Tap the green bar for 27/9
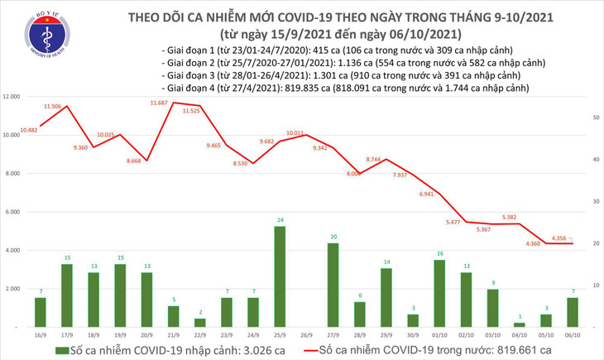point(333,285)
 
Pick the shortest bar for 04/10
point(519,324)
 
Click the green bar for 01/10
point(439,293)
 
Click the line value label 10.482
point(30,130)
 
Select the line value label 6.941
point(426,194)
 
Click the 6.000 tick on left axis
point(12,212)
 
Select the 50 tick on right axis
point(595,118)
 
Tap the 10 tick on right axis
point(595,286)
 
